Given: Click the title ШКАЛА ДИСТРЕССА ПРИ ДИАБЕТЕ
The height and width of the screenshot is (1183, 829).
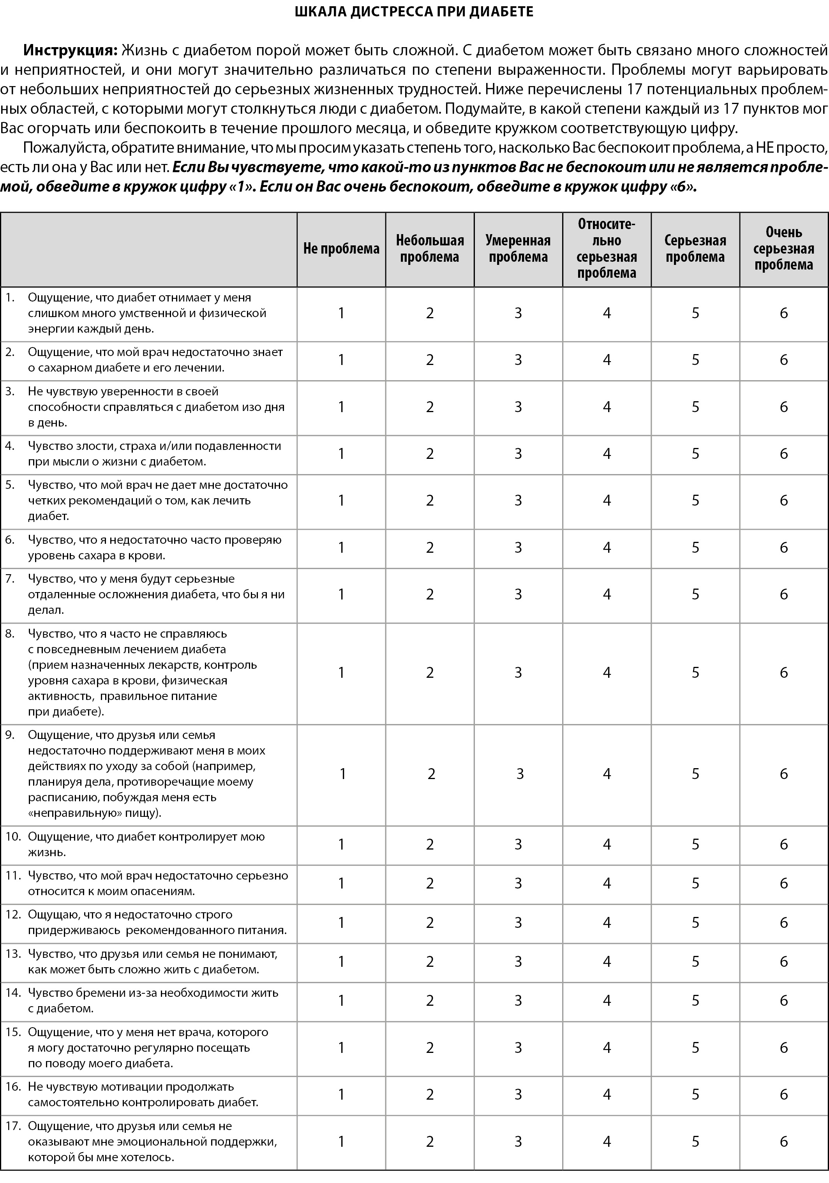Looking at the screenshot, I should coord(414,12).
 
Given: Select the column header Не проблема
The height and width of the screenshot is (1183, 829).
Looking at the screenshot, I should coord(341,249).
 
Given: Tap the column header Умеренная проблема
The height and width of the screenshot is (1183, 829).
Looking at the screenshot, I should coord(518,249).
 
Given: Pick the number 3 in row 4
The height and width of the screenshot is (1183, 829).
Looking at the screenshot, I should coord(518,454).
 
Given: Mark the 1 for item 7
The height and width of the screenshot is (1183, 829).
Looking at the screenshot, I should coord(341,594).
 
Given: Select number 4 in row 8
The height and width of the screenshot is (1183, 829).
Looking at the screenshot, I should coord(607,672).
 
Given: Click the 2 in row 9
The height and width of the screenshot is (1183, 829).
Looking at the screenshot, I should coord(431,774).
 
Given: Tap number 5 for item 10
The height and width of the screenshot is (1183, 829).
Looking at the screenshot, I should coord(695,844).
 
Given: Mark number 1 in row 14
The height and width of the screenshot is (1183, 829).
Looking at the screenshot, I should coord(341,1001).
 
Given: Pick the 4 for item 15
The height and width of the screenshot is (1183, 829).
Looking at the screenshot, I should coord(607,1047).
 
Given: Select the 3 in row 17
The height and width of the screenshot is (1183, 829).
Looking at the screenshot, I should coord(518,1142).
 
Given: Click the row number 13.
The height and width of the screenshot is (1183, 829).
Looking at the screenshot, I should coord(13,954).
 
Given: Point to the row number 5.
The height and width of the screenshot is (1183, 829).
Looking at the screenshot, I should coord(10,485).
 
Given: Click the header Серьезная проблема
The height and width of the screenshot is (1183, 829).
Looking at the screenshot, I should coord(695,249).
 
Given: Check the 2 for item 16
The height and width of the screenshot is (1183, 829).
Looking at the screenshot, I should coord(430,1094).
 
